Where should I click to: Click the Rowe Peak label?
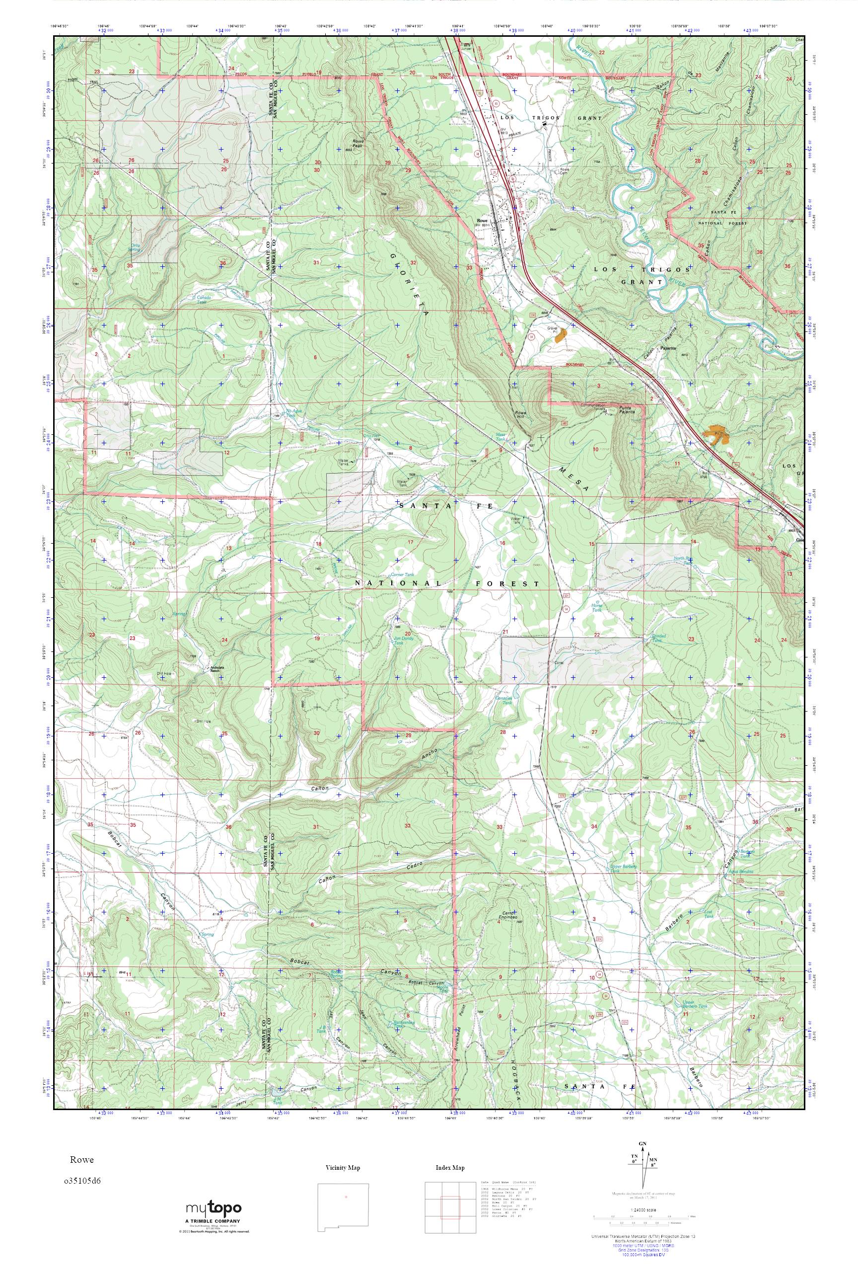tap(358, 144)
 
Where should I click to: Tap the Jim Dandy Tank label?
tap(403, 641)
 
